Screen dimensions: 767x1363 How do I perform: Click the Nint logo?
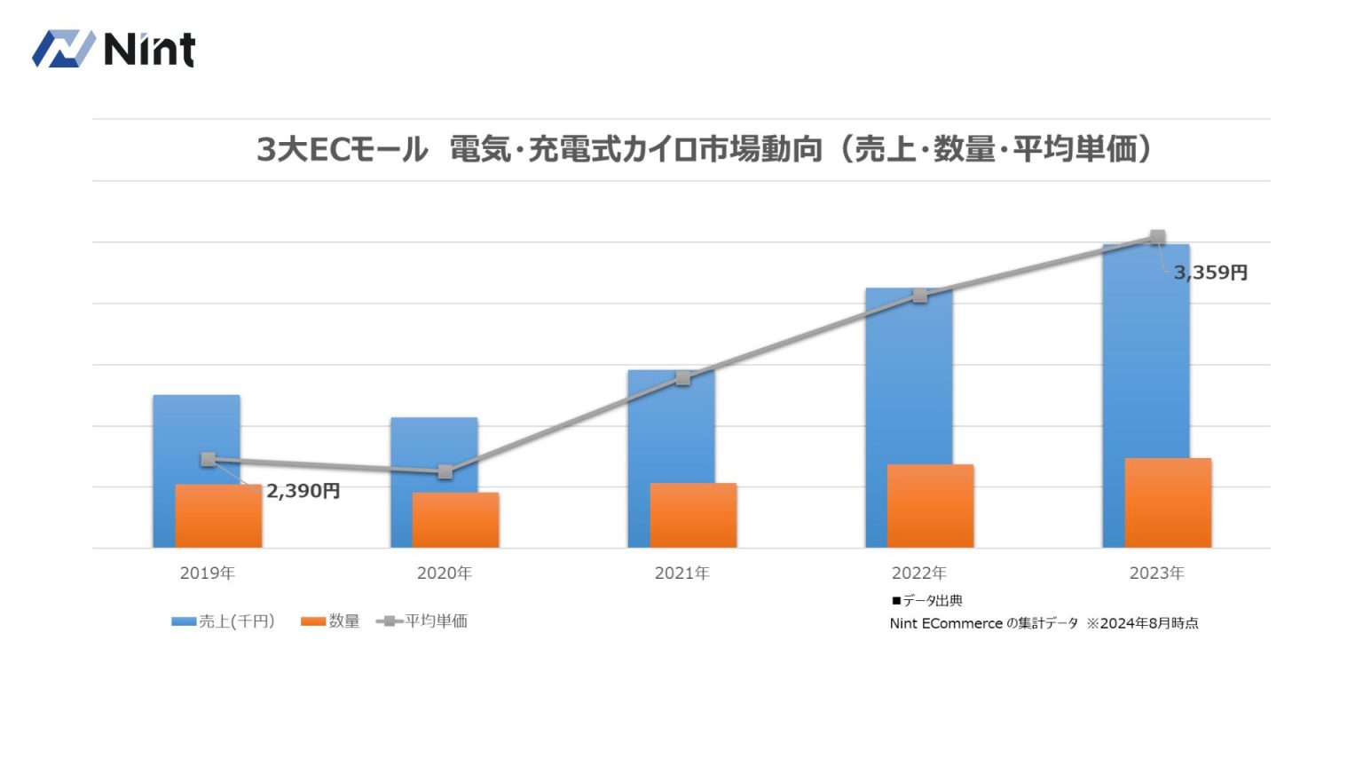point(114,49)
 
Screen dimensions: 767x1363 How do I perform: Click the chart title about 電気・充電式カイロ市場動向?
point(705,149)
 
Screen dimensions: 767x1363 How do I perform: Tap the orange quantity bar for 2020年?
point(456,520)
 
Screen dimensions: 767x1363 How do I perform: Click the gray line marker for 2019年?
point(208,459)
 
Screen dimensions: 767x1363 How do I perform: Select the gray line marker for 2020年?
point(445,471)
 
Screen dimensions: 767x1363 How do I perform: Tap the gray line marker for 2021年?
point(682,378)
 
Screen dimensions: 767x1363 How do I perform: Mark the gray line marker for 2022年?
point(920,296)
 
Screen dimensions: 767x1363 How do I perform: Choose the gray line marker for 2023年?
point(1157,237)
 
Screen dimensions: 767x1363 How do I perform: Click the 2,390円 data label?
point(303,491)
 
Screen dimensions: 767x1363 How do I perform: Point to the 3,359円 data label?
point(1210,273)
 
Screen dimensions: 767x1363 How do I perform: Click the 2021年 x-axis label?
point(682,573)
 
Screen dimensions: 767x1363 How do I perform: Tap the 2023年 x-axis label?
point(1157,573)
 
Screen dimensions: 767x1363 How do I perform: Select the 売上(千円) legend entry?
point(225,621)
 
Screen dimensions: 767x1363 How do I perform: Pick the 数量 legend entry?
point(331,621)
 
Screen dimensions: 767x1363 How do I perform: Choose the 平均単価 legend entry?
point(423,621)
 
